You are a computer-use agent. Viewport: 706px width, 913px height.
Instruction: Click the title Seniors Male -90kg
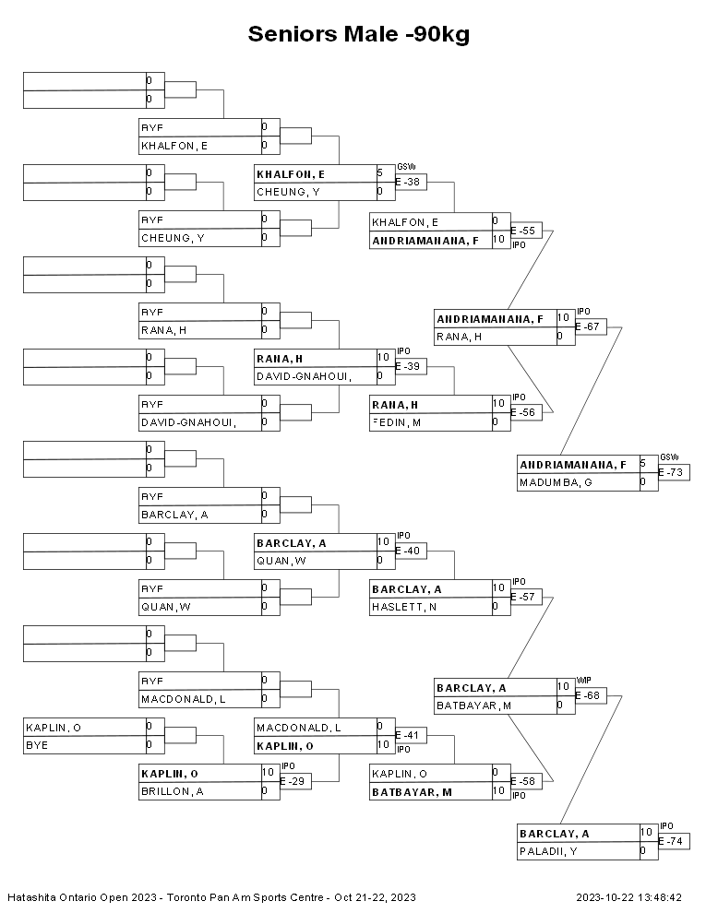point(359,35)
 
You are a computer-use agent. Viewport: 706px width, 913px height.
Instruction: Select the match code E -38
point(409,183)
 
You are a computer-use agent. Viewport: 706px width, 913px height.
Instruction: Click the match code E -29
point(293,781)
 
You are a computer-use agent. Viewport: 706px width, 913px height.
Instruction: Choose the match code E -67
point(591,326)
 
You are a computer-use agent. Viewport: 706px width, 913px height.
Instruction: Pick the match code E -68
point(591,695)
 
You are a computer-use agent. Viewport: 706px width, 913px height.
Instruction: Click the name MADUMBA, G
point(550,482)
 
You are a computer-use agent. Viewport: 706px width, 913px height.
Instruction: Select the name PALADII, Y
point(548,851)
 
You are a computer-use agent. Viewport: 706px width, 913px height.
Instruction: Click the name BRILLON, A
point(172,791)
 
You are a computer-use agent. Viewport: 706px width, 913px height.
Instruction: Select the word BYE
point(37,745)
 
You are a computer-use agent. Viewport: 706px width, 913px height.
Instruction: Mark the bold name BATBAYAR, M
point(412,791)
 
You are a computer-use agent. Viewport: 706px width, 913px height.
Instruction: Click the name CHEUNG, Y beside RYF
point(172,238)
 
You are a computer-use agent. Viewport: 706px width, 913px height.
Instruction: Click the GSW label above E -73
point(668,457)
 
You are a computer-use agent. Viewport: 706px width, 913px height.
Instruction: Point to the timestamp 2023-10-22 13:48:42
point(628,896)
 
